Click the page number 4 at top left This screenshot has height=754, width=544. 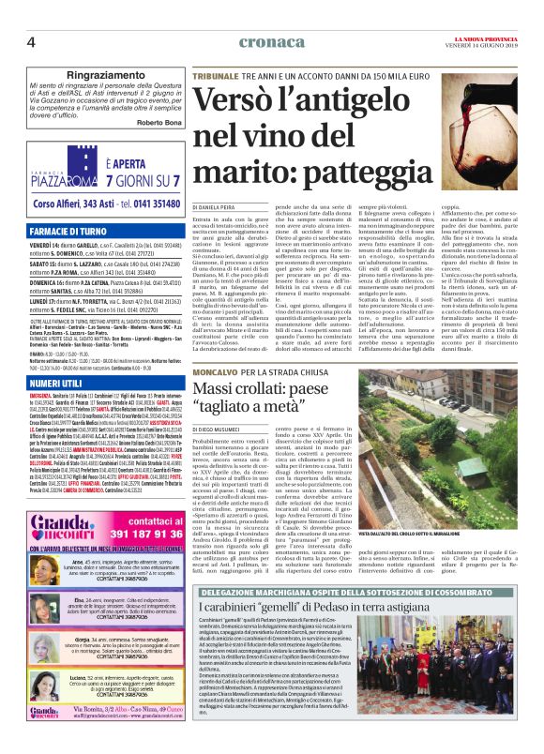coord(32,41)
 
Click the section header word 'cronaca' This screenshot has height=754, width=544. coord(271,41)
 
